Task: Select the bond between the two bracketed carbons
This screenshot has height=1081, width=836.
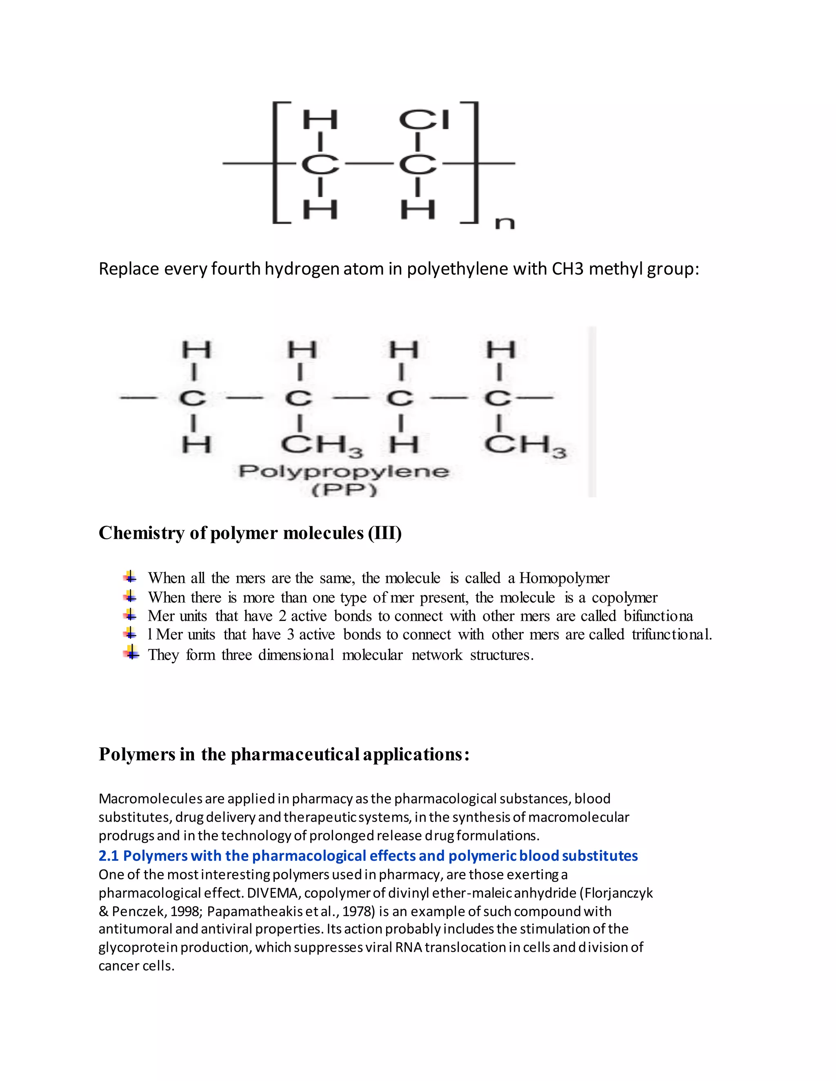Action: (369, 163)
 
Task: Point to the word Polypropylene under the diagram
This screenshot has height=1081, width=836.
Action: (344, 471)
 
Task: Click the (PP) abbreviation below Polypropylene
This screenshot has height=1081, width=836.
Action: (344, 490)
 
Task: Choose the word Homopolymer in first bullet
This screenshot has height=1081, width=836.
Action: (564, 578)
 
